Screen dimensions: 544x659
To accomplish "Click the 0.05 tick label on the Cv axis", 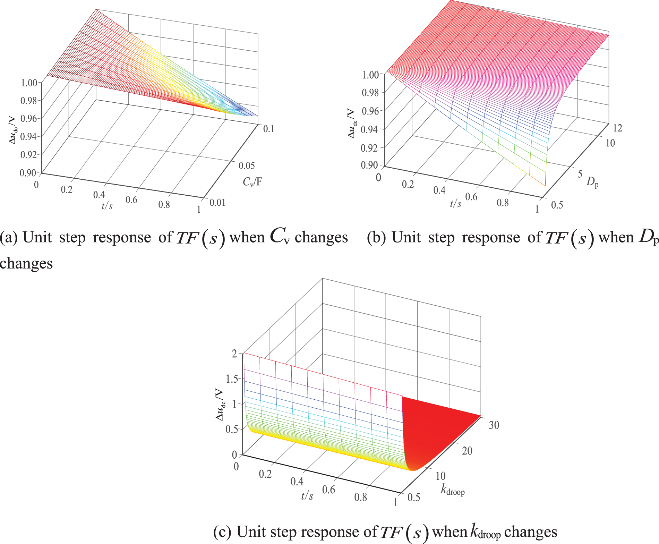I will (247, 166).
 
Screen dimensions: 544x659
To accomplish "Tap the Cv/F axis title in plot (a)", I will (252, 181).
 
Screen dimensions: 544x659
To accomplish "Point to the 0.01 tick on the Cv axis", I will (217, 202).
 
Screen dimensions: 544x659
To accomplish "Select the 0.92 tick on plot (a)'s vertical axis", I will (28, 154).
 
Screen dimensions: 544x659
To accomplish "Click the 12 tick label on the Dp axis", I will (617, 128).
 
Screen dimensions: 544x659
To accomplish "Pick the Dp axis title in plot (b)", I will (592, 182).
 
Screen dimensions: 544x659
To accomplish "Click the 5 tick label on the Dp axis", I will (580, 174).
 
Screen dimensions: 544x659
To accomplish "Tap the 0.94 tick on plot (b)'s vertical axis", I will (369, 129).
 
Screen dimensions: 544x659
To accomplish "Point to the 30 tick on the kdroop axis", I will (494, 425).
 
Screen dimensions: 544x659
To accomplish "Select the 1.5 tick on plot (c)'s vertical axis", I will (232, 379).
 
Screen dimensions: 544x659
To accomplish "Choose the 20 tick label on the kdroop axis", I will (467, 451).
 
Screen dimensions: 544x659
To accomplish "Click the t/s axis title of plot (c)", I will (307, 496).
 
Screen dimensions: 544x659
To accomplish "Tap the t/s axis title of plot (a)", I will (107, 206).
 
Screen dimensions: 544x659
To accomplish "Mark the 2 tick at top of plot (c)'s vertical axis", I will (234, 354).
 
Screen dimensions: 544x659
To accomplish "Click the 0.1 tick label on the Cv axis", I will (269, 129).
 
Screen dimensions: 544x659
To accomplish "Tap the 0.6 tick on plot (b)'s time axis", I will (471, 197).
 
